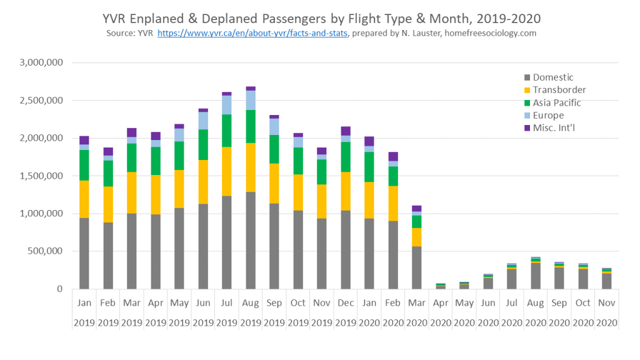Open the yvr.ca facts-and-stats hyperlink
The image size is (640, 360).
tap(252, 33)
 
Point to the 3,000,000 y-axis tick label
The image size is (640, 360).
tap(41, 62)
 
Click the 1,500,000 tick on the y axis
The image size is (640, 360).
tap(41, 176)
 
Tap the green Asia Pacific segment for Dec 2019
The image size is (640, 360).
tap(346, 157)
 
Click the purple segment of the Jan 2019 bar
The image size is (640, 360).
tap(84, 140)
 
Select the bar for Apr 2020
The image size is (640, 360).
tap(441, 286)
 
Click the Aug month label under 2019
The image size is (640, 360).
tap(251, 302)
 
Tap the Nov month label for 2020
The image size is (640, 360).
tap(607, 302)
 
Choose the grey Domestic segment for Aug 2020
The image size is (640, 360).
tap(536, 276)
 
